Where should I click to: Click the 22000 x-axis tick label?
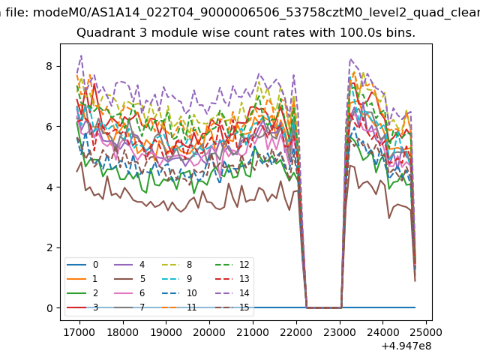pyautogui.click(x=296, y=329)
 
